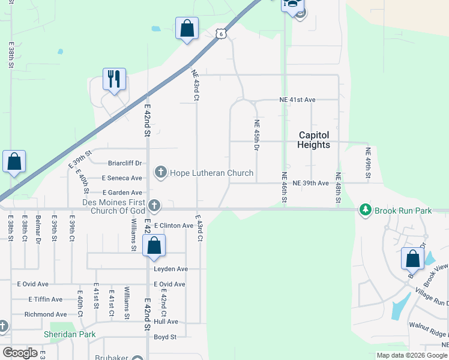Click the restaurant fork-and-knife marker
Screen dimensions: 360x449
coord(114,79)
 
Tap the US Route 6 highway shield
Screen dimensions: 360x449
coord(221,34)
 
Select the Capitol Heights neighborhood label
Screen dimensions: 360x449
coord(313,140)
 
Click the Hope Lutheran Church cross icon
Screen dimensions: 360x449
coord(160,173)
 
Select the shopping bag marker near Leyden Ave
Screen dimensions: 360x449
coord(154,245)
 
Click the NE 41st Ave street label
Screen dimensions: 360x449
coord(297,99)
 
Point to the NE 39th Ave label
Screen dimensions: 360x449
coord(310,183)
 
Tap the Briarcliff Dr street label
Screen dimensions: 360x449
coord(125,163)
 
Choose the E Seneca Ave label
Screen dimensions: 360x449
coord(122,178)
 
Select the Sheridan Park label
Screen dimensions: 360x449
coord(70,334)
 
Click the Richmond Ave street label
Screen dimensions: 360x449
coord(46,314)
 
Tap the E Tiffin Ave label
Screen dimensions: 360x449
coord(45,299)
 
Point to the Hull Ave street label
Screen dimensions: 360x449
coord(166,322)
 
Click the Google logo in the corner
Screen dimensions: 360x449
coord(20,353)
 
